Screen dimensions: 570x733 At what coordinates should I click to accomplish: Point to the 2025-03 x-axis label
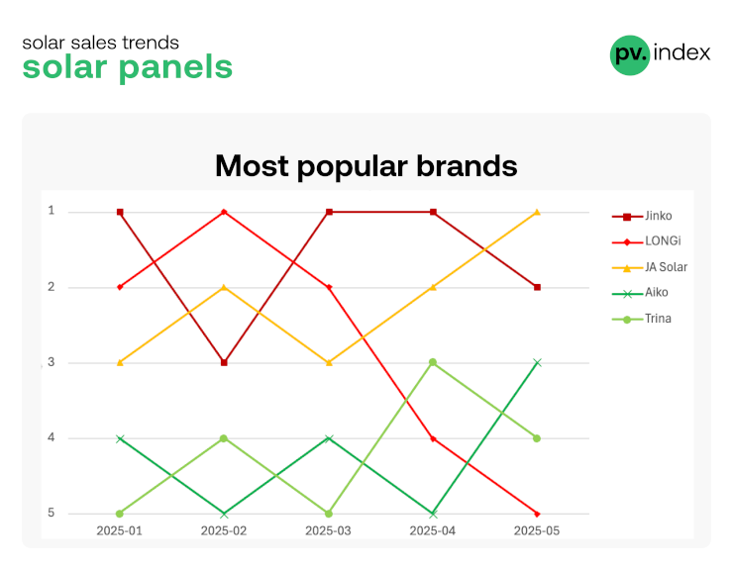click(328, 530)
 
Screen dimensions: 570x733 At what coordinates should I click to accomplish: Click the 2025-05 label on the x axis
click(537, 530)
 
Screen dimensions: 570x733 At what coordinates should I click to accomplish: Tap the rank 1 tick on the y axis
click(51, 211)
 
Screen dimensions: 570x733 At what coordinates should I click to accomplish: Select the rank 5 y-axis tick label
click(51, 513)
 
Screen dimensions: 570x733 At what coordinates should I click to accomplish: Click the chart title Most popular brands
click(366, 166)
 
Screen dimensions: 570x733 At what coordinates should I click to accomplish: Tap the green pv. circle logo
click(630, 54)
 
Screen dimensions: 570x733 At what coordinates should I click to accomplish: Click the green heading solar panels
click(128, 67)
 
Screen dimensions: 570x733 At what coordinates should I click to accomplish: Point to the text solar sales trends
click(100, 43)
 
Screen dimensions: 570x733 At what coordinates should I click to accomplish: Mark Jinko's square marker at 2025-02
click(224, 362)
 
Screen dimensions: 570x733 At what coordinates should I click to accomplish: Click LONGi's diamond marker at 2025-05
click(537, 514)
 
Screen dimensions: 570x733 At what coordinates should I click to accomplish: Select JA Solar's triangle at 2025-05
click(537, 212)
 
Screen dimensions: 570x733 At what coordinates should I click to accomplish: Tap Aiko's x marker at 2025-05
click(537, 362)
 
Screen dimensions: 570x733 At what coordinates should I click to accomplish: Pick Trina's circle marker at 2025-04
click(433, 362)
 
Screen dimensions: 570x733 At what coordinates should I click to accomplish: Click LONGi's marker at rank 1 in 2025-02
click(224, 212)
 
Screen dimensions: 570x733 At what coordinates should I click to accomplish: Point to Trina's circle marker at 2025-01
click(120, 514)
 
